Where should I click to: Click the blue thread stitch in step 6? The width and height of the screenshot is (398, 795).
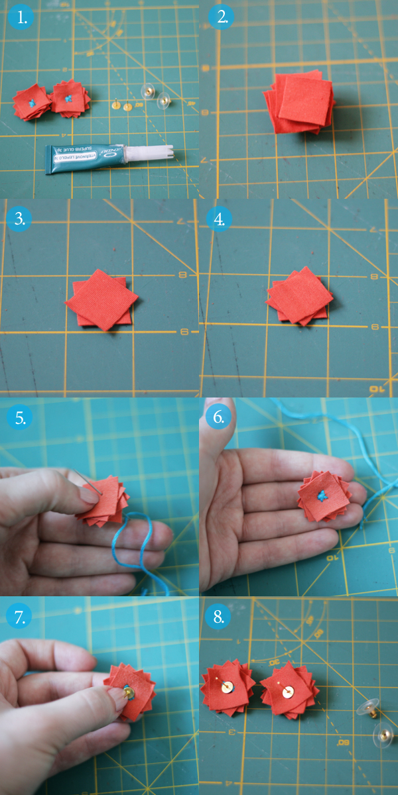coord(323,494)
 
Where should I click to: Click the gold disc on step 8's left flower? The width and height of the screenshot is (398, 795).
coord(228,688)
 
